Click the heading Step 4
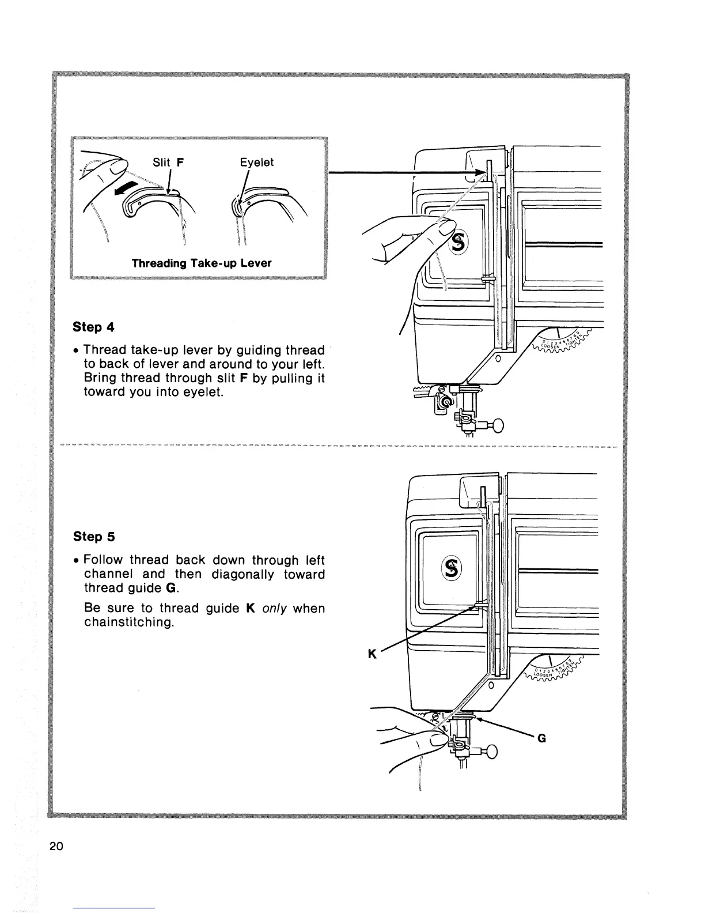94,327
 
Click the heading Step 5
94,537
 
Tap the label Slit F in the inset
168,163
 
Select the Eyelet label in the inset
256,163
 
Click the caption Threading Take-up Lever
201,263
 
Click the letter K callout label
372,654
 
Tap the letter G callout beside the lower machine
541,738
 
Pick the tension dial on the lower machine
555,669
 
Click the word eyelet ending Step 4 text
202,393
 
